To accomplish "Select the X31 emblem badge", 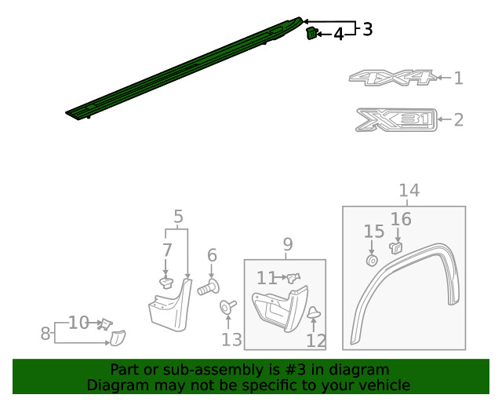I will coord(395,119).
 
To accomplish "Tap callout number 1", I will coord(458,78).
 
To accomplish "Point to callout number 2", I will coord(458,120).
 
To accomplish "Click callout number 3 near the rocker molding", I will coord(367,29).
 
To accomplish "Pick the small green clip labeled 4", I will coord(311,33).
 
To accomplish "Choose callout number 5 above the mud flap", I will coord(178,216).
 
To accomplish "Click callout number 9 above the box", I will coord(288,244).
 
